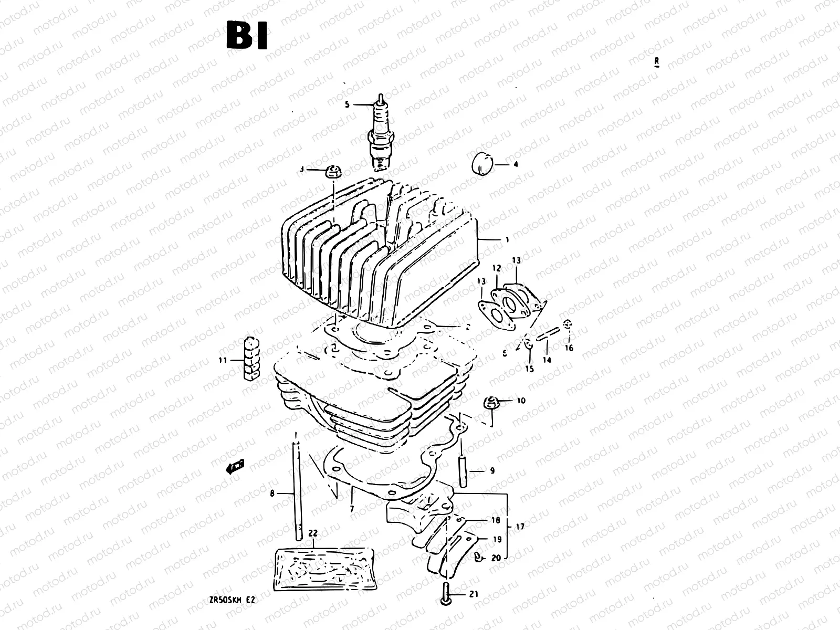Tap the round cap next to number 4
(481, 164)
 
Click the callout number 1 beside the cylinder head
(507, 240)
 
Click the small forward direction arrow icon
(235, 466)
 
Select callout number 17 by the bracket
(520, 526)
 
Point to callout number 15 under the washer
(529, 369)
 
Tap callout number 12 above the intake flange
(497, 268)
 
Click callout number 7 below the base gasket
(351, 509)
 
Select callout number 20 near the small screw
(496, 558)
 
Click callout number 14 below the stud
(547, 360)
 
